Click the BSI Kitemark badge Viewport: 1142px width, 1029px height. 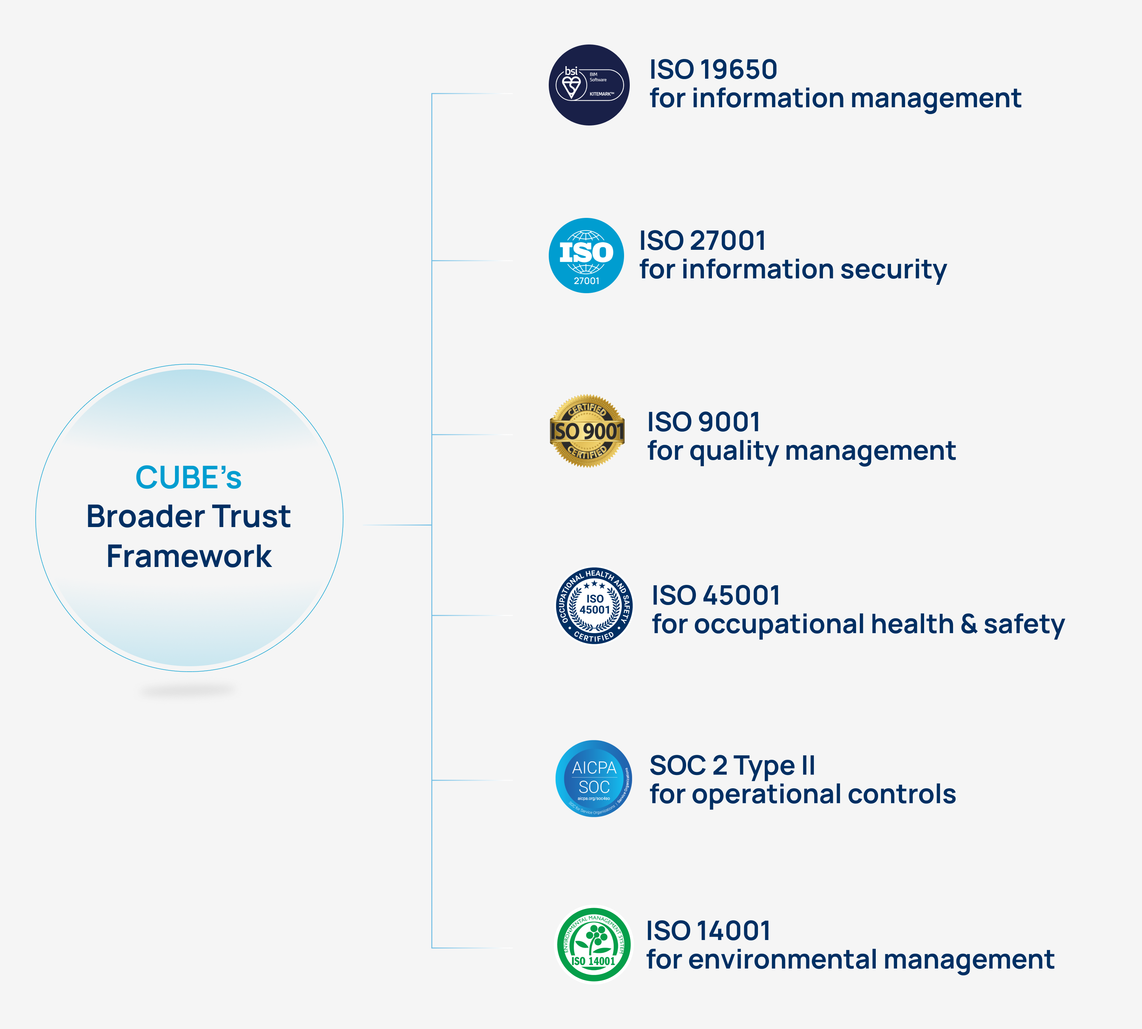(589, 85)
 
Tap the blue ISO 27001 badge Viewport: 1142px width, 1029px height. (586, 256)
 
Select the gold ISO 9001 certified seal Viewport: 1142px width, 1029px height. (588, 431)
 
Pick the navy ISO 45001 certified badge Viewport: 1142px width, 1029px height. (594, 605)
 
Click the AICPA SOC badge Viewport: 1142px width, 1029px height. (594, 778)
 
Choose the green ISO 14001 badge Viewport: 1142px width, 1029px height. (594, 945)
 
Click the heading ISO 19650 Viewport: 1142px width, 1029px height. (713, 70)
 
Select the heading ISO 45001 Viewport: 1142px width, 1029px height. (716, 595)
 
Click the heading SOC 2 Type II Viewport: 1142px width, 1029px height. (732, 765)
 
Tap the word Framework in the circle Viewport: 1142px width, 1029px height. (189, 556)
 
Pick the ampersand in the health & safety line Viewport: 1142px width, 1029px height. (969, 624)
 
